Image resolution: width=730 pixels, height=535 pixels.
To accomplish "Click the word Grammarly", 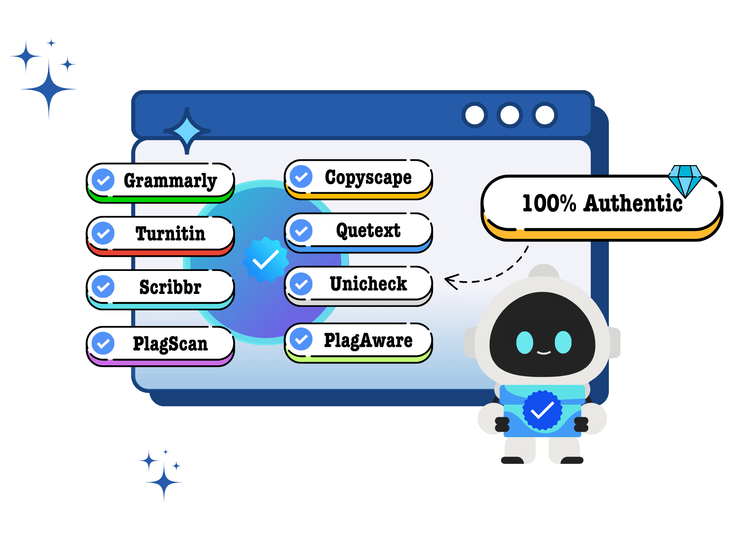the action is click(x=170, y=181).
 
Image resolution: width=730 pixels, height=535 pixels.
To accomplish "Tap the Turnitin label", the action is click(x=170, y=233).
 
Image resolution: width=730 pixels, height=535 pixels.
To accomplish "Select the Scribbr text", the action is click(x=170, y=287).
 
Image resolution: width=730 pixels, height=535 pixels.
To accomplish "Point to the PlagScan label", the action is click(x=170, y=344).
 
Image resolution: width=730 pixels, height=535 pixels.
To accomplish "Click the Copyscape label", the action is click(x=368, y=178).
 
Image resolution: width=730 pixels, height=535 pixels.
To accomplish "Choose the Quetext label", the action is click(x=368, y=231).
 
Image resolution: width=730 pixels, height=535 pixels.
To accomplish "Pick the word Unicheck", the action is click(x=368, y=284).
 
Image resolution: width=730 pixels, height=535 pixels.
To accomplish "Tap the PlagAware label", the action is click(x=368, y=340).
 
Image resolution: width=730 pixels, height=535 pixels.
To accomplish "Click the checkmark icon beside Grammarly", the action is click(x=103, y=180).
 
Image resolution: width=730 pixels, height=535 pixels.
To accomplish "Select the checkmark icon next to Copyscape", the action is click(x=301, y=177).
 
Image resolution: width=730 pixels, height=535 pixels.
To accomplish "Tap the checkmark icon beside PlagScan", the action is click(x=103, y=343).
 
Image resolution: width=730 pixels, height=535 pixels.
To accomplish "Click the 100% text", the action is click(x=549, y=203).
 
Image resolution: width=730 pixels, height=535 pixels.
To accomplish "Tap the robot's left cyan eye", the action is click(x=524, y=342).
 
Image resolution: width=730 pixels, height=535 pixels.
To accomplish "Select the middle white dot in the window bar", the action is click(x=509, y=115).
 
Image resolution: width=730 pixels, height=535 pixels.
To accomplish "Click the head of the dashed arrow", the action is click(x=451, y=282).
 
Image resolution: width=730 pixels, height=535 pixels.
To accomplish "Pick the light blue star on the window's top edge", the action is click(x=187, y=131).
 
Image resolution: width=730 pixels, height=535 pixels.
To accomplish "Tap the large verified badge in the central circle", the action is click(x=266, y=259).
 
